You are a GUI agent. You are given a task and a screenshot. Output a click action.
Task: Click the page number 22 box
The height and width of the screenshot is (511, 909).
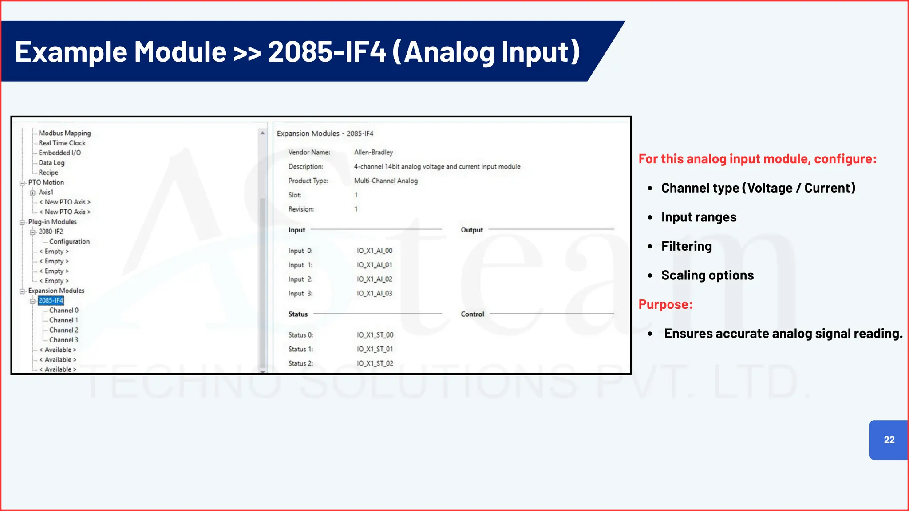(x=889, y=440)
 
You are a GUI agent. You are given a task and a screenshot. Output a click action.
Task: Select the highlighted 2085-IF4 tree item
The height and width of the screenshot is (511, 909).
(x=51, y=300)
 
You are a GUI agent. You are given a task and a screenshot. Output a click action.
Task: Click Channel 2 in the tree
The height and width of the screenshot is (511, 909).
(x=63, y=330)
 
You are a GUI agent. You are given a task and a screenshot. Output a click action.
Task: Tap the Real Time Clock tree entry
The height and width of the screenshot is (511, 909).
(x=62, y=143)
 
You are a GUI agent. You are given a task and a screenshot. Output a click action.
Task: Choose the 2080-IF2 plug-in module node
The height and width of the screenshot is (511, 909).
(x=51, y=232)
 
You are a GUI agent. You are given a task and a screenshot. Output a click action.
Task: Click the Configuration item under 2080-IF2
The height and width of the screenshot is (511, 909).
(x=69, y=241)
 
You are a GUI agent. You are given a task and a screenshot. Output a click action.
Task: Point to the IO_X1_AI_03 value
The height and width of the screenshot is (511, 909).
(x=375, y=293)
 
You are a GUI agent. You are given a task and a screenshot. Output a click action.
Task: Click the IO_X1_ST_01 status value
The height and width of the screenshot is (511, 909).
(x=375, y=349)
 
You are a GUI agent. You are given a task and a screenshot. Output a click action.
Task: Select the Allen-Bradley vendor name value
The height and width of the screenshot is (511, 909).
(x=373, y=152)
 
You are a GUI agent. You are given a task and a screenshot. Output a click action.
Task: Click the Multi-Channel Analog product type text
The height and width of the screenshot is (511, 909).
(x=386, y=181)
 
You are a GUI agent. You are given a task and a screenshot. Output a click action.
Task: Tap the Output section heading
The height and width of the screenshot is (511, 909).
(x=471, y=230)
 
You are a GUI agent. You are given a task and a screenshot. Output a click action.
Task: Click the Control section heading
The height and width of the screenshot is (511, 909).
(x=472, y=314)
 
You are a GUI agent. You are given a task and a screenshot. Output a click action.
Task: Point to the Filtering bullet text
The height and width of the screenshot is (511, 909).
(x=686, y=246)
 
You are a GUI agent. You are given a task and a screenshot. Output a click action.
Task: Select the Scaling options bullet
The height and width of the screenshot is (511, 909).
(x=707, y=275)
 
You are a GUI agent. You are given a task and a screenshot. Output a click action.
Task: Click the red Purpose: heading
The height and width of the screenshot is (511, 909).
(x=665, y=304)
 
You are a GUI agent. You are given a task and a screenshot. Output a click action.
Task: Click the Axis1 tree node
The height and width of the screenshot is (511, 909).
(x=46, y=192)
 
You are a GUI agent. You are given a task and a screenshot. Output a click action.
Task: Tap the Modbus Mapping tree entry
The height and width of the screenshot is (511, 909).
(x=64, y=133)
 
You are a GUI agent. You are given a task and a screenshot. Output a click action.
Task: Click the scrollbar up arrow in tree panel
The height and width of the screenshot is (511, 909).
(x=262, y=133)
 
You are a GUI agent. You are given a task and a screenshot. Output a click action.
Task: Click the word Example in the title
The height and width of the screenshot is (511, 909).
(x=71, y=51)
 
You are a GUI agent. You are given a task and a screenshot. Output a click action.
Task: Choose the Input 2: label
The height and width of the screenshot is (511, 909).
(x=300, y=279)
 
